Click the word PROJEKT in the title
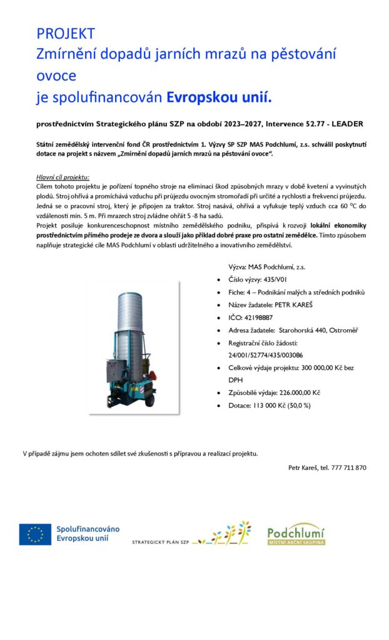point(66,34)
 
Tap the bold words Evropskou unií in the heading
point(220,97)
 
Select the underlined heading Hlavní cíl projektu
point(63,177)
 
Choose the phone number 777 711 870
point(348,467)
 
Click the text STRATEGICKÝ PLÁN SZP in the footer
point(160,542)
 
